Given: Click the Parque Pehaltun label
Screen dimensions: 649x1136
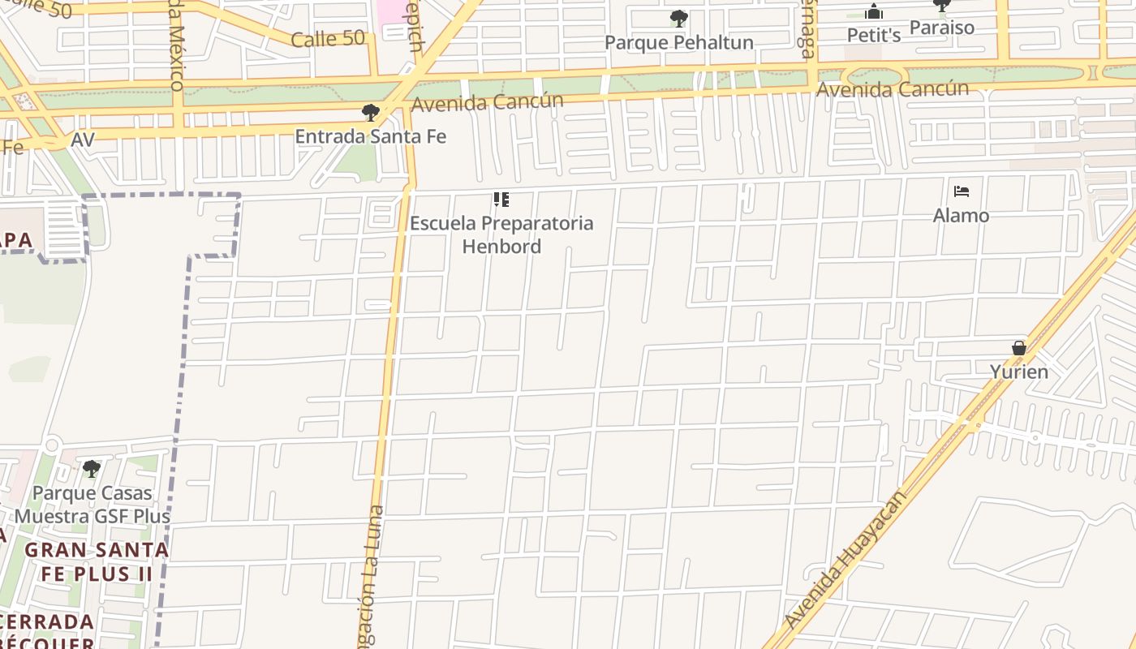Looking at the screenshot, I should pos(678,42).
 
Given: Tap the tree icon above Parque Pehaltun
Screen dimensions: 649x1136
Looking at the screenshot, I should pos(679,18).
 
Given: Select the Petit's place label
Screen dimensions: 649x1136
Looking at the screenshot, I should pos(874,35).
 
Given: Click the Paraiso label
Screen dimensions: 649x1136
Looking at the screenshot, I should pos(941,28).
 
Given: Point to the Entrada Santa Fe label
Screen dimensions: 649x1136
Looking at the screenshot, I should pos(370,136).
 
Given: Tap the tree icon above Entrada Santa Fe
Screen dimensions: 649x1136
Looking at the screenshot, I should pos(371,113).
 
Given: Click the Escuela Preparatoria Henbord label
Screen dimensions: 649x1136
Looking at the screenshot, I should pos(501,234).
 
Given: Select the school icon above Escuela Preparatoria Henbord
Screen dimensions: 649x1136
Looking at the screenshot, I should pos(501,200).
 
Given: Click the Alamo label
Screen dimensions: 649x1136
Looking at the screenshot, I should pos(961,216).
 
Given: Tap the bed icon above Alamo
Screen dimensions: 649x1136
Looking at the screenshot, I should pos(962,192).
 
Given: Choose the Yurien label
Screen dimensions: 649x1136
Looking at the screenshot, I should pos(1018,372).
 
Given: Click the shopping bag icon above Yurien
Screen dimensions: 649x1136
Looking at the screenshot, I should pos(1019,348).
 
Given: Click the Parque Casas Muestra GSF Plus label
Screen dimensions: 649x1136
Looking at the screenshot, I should pos(92,505).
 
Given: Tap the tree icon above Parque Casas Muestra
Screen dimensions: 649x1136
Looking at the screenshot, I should pos(92,469).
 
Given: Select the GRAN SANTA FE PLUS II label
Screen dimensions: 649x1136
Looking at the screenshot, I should pos(97,561).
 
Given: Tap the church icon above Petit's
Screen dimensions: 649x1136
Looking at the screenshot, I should pos(874,11).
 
